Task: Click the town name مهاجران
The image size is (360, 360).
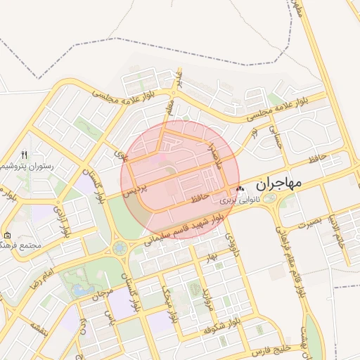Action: [278, 184]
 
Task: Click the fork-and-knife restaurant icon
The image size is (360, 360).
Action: [25, 155]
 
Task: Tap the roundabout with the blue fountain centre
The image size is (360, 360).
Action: [120, 248]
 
